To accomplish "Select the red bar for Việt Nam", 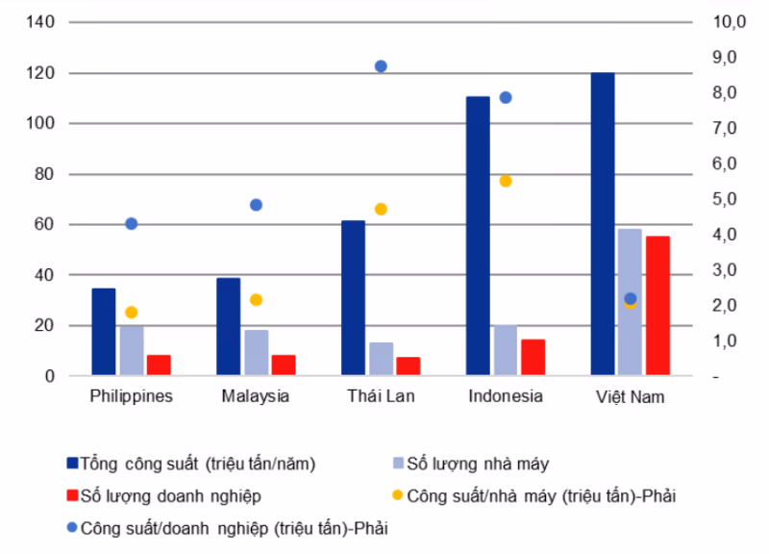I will (x=657, y=306).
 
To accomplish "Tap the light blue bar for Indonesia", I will (x=505, y=350).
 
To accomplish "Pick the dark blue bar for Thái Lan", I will (x=353, y=298).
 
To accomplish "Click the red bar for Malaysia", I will (x=284, y=365).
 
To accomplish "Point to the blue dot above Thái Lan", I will (x=381, y=66).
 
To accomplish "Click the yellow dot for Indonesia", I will (x=506, y=181).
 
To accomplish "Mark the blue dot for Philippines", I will (x=132, y=223).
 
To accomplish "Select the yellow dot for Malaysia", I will (x=256, y=299).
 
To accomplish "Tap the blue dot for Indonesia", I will (x=506, y=97).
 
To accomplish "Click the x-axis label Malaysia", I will (x=255, y=396).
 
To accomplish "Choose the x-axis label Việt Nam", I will (x=630, y=396).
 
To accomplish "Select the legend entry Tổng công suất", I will (x=197, y=464).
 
